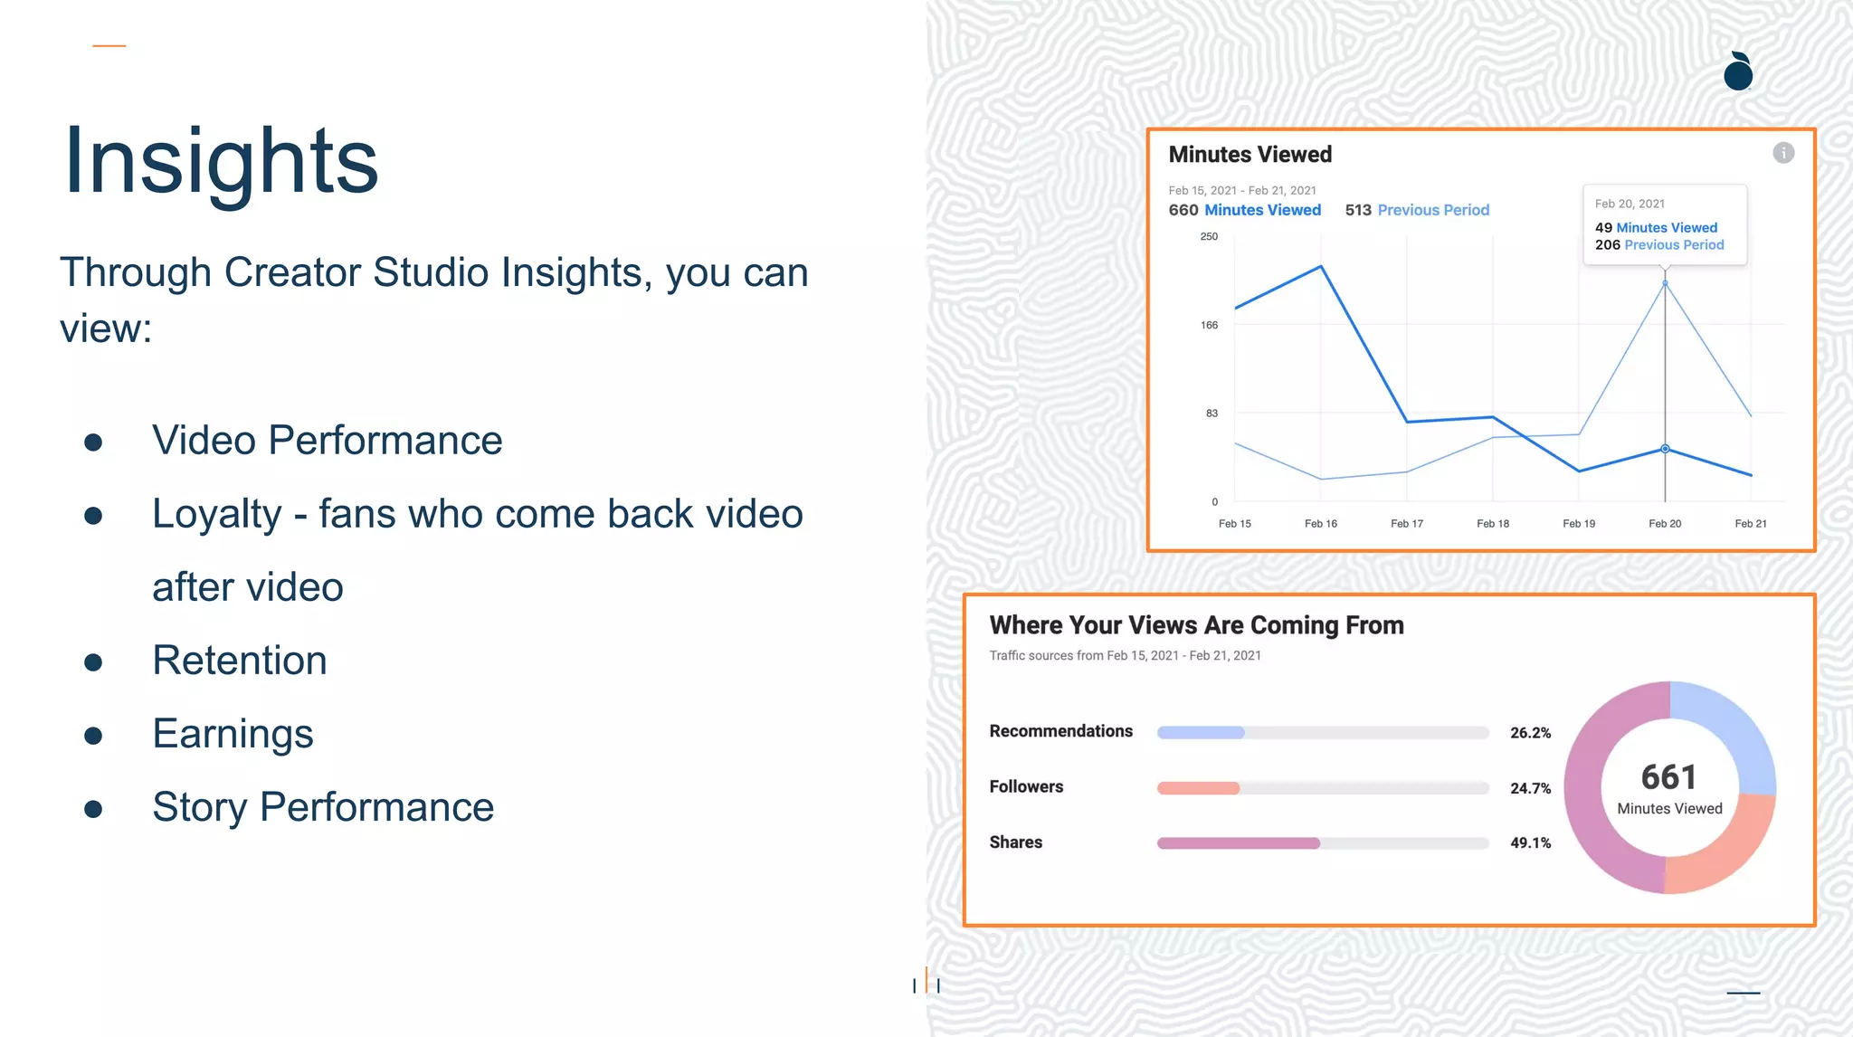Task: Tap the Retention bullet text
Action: [x=240, y=661]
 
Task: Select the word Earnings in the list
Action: [x=233, y=734]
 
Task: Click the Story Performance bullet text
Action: [x=323, y=807]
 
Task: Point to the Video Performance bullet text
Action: [x=327, y=441]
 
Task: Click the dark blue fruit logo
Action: [x=1738, y=72]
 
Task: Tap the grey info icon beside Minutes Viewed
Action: [x=1782, y=153]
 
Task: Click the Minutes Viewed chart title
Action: [x=1250, y=155]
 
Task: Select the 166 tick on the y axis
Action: [x=1209, y=325]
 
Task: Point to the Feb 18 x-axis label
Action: [x=1492, y=524]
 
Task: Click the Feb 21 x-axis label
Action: [x=1750, y=524]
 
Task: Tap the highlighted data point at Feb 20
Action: [x=1665, y=449]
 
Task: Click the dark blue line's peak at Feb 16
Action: [x=1321, y=266]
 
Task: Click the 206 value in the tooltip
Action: [x=1607, y=245]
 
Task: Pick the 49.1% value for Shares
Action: [x=1530, y=843]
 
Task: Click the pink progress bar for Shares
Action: [x=1238, y=843]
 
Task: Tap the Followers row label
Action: [x=1026, y=787]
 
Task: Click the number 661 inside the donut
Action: [x=1668, y=777]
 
